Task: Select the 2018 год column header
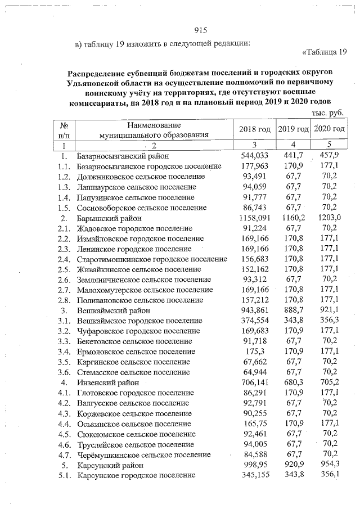(x=255, y=130)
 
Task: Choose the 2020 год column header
(x=328, y=130)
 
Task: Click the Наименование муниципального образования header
(x=154, y=130)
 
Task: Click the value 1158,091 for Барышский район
(x=254, y=218)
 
